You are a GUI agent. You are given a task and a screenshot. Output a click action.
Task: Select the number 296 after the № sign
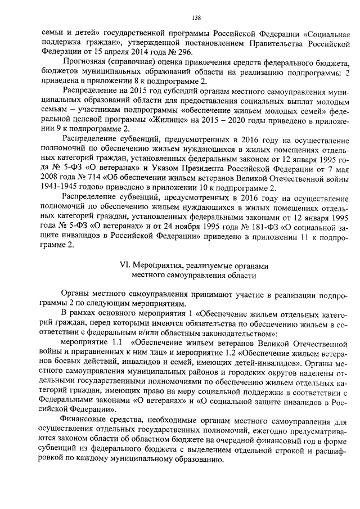(x=163, y=50)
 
